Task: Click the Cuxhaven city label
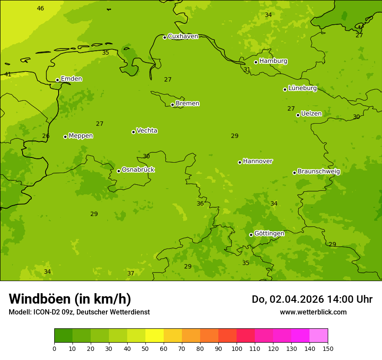(183, 36)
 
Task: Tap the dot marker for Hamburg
(256, 62)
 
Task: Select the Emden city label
(71, 79)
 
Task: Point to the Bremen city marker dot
(172, 105)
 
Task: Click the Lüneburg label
(303, 88)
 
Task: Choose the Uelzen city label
(311, 114)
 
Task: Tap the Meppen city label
(81, 136)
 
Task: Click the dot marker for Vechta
(133, 132)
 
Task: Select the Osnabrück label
(138, 170)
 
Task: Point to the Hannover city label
(257, 161)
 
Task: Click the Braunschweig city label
(319, 172)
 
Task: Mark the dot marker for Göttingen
(251, 235)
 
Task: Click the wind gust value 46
(40, 9)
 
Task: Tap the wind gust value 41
(8, 75)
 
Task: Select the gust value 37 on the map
(131, 274)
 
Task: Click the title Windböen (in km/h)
(70, 299)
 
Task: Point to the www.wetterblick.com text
(313, 312)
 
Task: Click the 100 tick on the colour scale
(237, 348)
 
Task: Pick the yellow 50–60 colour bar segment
(155, 336)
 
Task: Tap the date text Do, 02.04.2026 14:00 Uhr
(312, 299)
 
